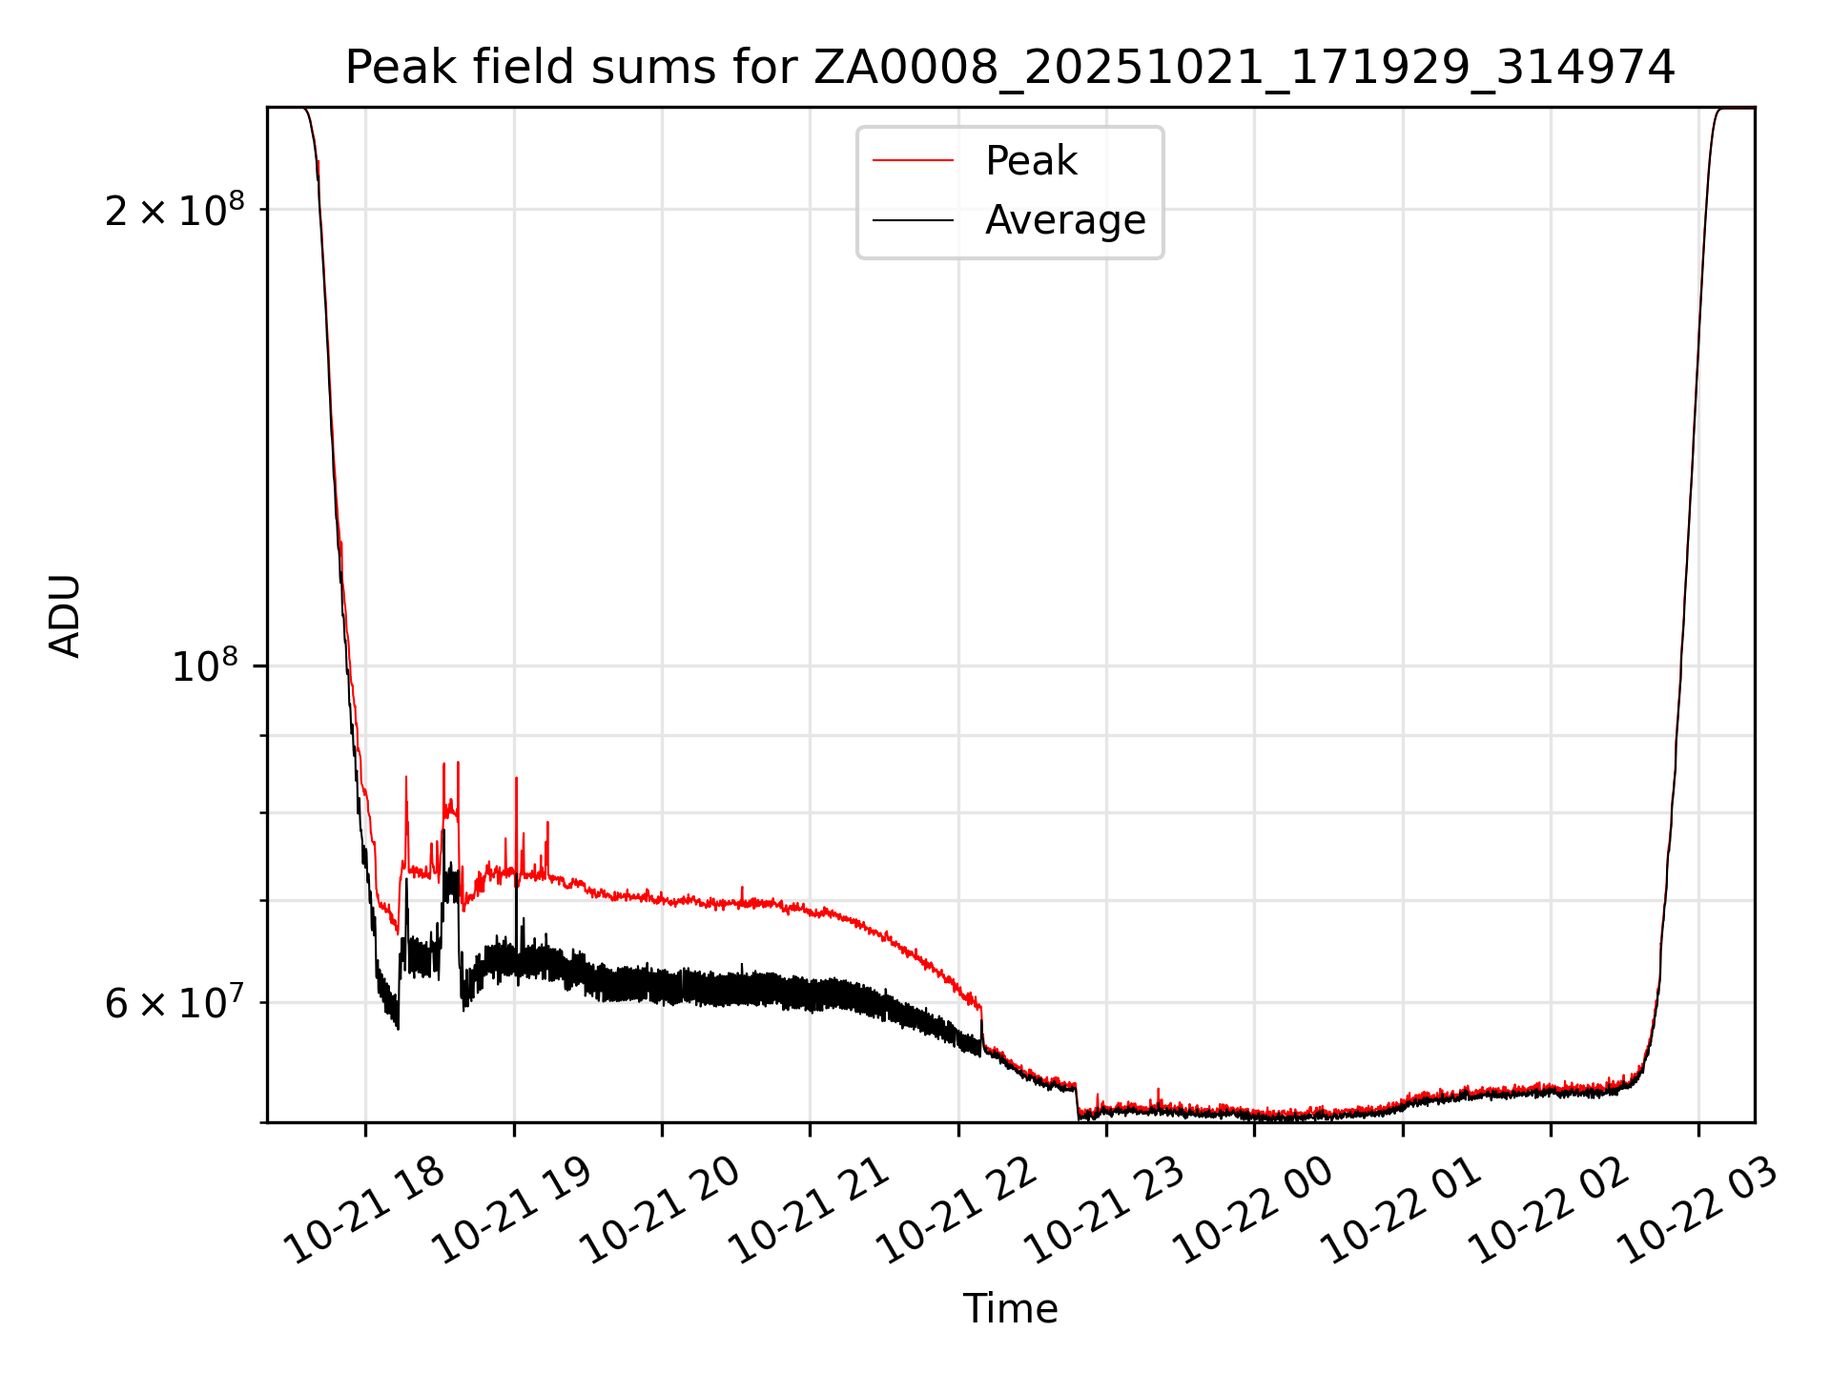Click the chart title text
(1010, 68)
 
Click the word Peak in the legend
(1031, 161)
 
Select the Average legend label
(1064, 220)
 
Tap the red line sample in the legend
(913, 161)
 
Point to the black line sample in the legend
(913, 220)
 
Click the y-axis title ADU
(66, 616)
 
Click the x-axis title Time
(1010, 1309)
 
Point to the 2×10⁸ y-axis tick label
(175, 210)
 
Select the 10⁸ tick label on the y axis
(207, 666)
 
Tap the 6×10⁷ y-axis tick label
(175, 1003)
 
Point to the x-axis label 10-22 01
(1402, 1210)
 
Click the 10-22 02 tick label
(1550, 1210)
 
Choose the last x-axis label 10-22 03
(1697, 1210)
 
